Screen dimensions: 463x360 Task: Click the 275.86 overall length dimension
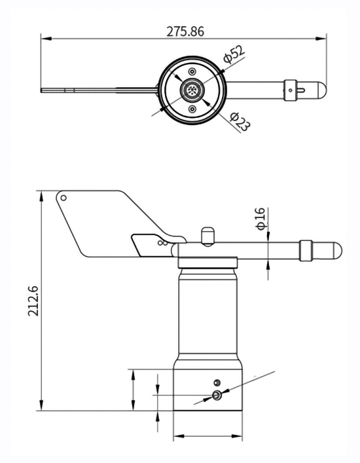pos(185,31)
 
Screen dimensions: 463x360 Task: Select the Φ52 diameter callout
pos(234,55)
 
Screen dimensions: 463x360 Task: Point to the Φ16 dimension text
pos(260,218)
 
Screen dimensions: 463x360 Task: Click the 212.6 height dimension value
pos(33,301)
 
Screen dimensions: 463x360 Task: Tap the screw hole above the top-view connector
pos(192,71)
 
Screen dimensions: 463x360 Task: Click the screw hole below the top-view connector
pos(192,109)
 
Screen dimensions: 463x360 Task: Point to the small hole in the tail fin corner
pos(63,198)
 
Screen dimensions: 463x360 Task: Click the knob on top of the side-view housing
pos(207,235)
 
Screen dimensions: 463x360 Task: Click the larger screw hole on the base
pos(217,395)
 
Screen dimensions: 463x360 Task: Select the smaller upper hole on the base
pos(217,382)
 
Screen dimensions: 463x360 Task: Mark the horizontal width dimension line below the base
pos(207,436)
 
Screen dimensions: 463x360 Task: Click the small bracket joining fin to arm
pos(151,244)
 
